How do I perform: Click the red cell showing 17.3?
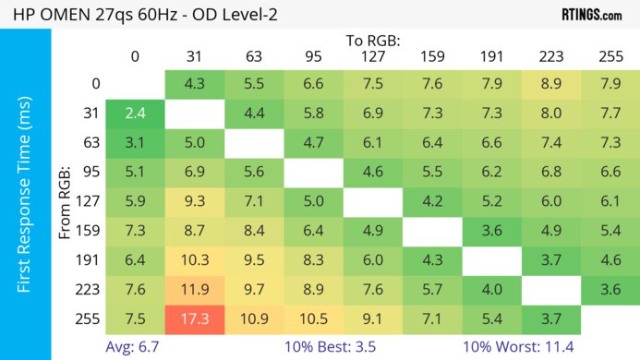pos(195,319)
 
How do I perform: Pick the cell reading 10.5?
pos(313,319)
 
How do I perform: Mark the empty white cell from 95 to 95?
pos(313,173)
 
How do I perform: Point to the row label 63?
pos(92,143)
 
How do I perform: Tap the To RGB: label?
pos(373,41)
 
